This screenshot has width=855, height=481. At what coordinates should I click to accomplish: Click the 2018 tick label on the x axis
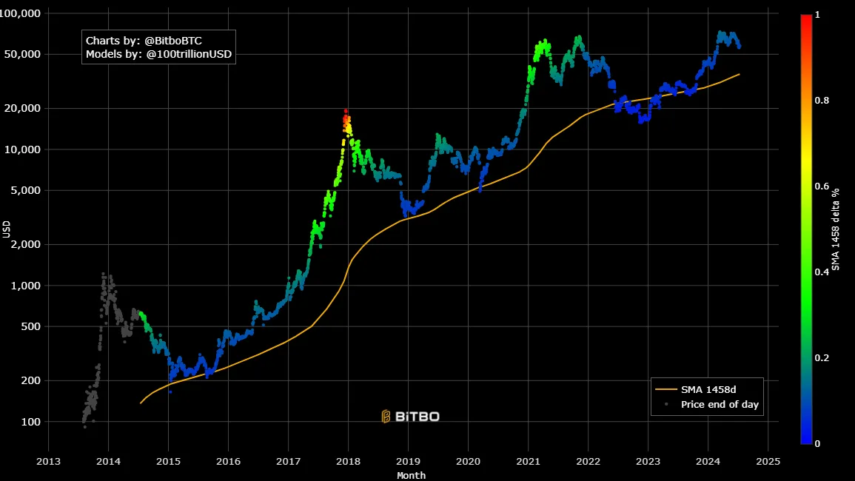348,460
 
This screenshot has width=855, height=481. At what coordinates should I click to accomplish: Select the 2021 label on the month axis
528,460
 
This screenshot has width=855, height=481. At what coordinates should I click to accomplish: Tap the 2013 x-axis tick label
49,460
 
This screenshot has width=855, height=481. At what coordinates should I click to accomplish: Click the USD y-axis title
6,229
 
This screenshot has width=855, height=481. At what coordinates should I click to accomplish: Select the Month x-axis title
411,475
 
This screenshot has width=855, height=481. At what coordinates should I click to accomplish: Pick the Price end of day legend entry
720,404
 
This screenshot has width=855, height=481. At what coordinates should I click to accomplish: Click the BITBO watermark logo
411,417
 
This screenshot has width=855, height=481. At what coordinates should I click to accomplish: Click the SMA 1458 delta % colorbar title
836,229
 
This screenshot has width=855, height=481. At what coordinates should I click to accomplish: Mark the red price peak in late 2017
345,111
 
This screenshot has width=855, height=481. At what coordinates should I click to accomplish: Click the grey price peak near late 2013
104,275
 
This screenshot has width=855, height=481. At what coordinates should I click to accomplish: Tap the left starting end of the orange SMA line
140,403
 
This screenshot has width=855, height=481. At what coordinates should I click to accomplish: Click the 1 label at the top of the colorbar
817,14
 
